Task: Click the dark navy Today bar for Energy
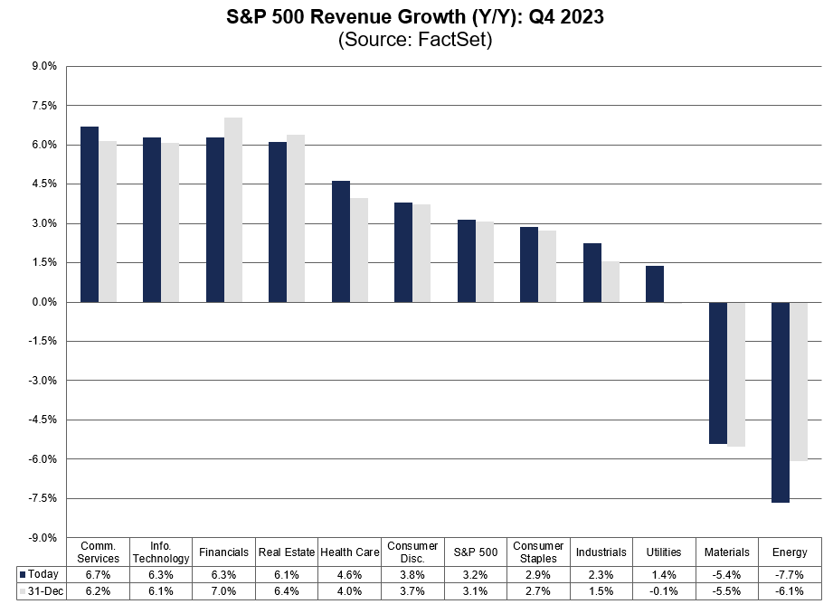pos(781,401)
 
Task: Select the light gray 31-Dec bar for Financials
pos(233,210)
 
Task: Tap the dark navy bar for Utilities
pos(655,284)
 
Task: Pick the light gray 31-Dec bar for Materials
pos(736,374)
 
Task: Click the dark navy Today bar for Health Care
pos(341,241)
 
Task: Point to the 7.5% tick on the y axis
pos(45,106)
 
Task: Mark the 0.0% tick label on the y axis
pos(45,302)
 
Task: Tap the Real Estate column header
pos(287,552)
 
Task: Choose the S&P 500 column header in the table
pos(476,552)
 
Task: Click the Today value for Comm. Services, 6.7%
pos(99,574)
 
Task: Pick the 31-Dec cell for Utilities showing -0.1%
pos(664,591)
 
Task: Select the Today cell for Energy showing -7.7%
pos(790,574)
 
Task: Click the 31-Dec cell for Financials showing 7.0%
pos(224,591)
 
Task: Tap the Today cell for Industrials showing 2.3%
pos(601,574)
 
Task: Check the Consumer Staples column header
pos(538,552)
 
